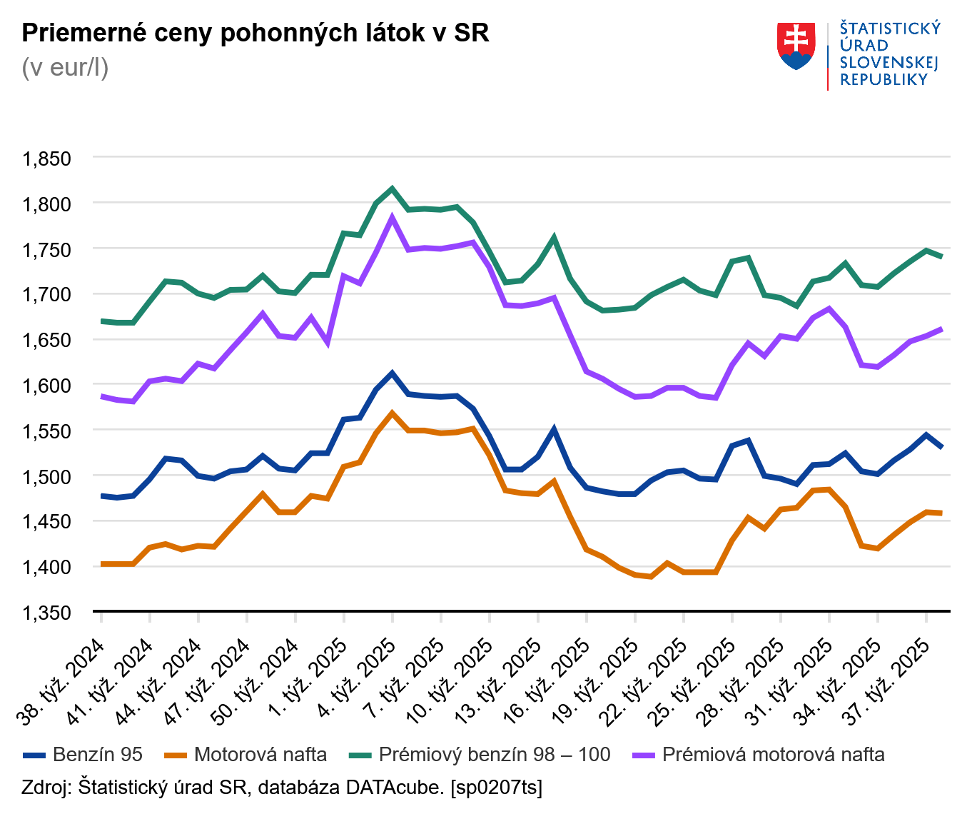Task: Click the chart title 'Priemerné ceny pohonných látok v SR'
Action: (255, 33)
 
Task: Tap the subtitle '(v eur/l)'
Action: (65, 67)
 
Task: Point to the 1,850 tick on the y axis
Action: (48, 159)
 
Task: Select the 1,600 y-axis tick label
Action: (48, 386)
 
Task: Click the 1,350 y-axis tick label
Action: (48, 613)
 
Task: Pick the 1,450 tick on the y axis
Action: (48, 522)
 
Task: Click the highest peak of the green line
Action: (392, 189)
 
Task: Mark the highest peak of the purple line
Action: (392, 217)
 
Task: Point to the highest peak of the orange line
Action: (392, 413)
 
